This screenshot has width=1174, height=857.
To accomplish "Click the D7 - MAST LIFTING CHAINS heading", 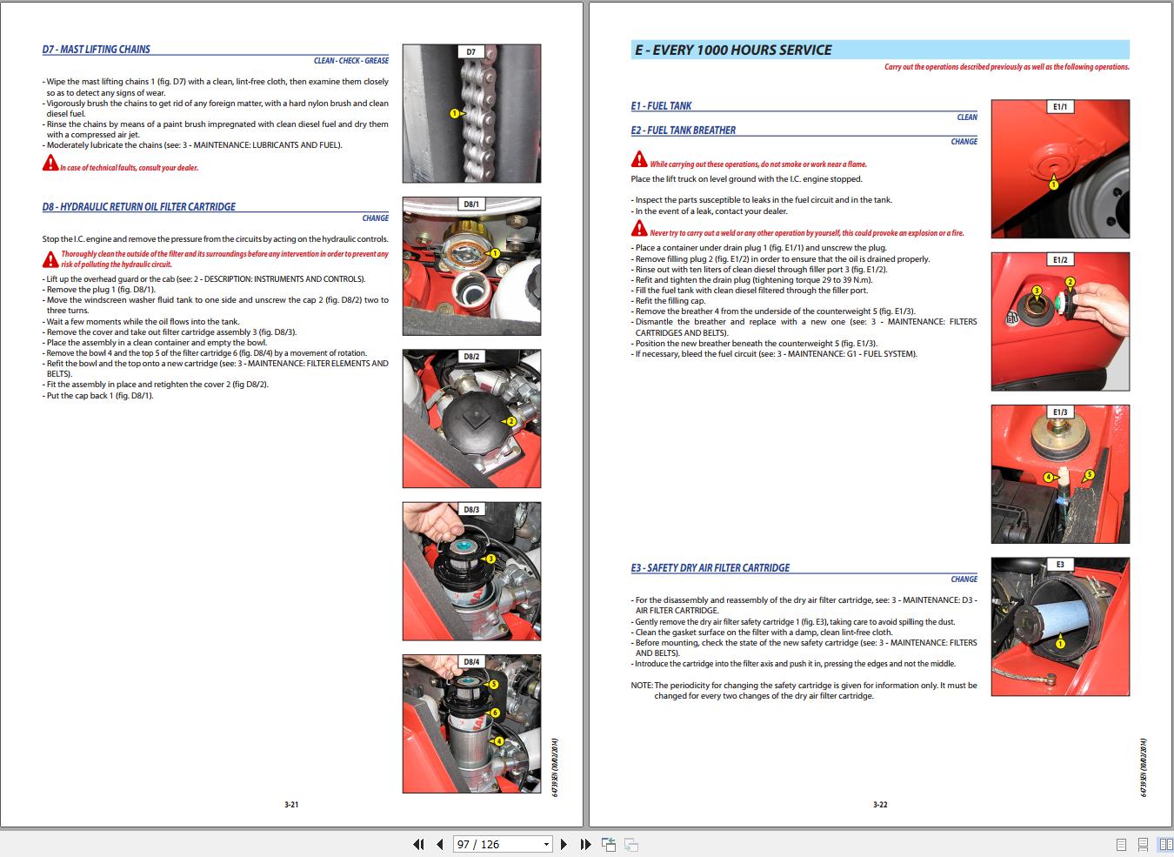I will point(96,50).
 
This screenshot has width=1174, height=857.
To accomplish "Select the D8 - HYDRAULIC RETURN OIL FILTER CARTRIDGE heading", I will point(138,207).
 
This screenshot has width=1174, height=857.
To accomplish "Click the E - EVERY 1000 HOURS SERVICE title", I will point(733,50).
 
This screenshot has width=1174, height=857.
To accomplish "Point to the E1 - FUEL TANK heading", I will point(661,106).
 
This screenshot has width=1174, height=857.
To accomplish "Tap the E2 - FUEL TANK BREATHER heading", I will point(684,131).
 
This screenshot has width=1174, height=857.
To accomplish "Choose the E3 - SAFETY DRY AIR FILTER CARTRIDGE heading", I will point(710,568).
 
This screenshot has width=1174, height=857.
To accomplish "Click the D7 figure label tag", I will point(470,52).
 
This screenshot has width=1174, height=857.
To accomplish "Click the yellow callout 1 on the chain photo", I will point(454,113).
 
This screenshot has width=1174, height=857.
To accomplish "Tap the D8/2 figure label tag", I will point(470,357).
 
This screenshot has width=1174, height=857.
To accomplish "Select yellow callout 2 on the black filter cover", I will point(511,421).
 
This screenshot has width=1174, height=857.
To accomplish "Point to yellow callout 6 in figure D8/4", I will point(495,713).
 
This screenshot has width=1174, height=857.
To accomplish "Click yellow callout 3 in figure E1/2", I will point(1037,290).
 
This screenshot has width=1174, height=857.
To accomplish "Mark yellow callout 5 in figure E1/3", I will point(1088,475).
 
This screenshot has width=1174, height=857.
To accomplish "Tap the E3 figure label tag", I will point(1060,565).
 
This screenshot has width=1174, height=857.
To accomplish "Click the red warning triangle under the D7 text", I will point(50,164).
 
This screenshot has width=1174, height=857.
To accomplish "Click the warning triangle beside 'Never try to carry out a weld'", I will point(639,231).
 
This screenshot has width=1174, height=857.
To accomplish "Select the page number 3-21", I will point(291,805).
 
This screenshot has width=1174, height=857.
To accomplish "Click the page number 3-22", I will point(880,805).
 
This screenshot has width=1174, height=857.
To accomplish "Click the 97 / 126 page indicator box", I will point(503,844).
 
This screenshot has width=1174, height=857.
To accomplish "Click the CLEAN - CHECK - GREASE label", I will point(351,61).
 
